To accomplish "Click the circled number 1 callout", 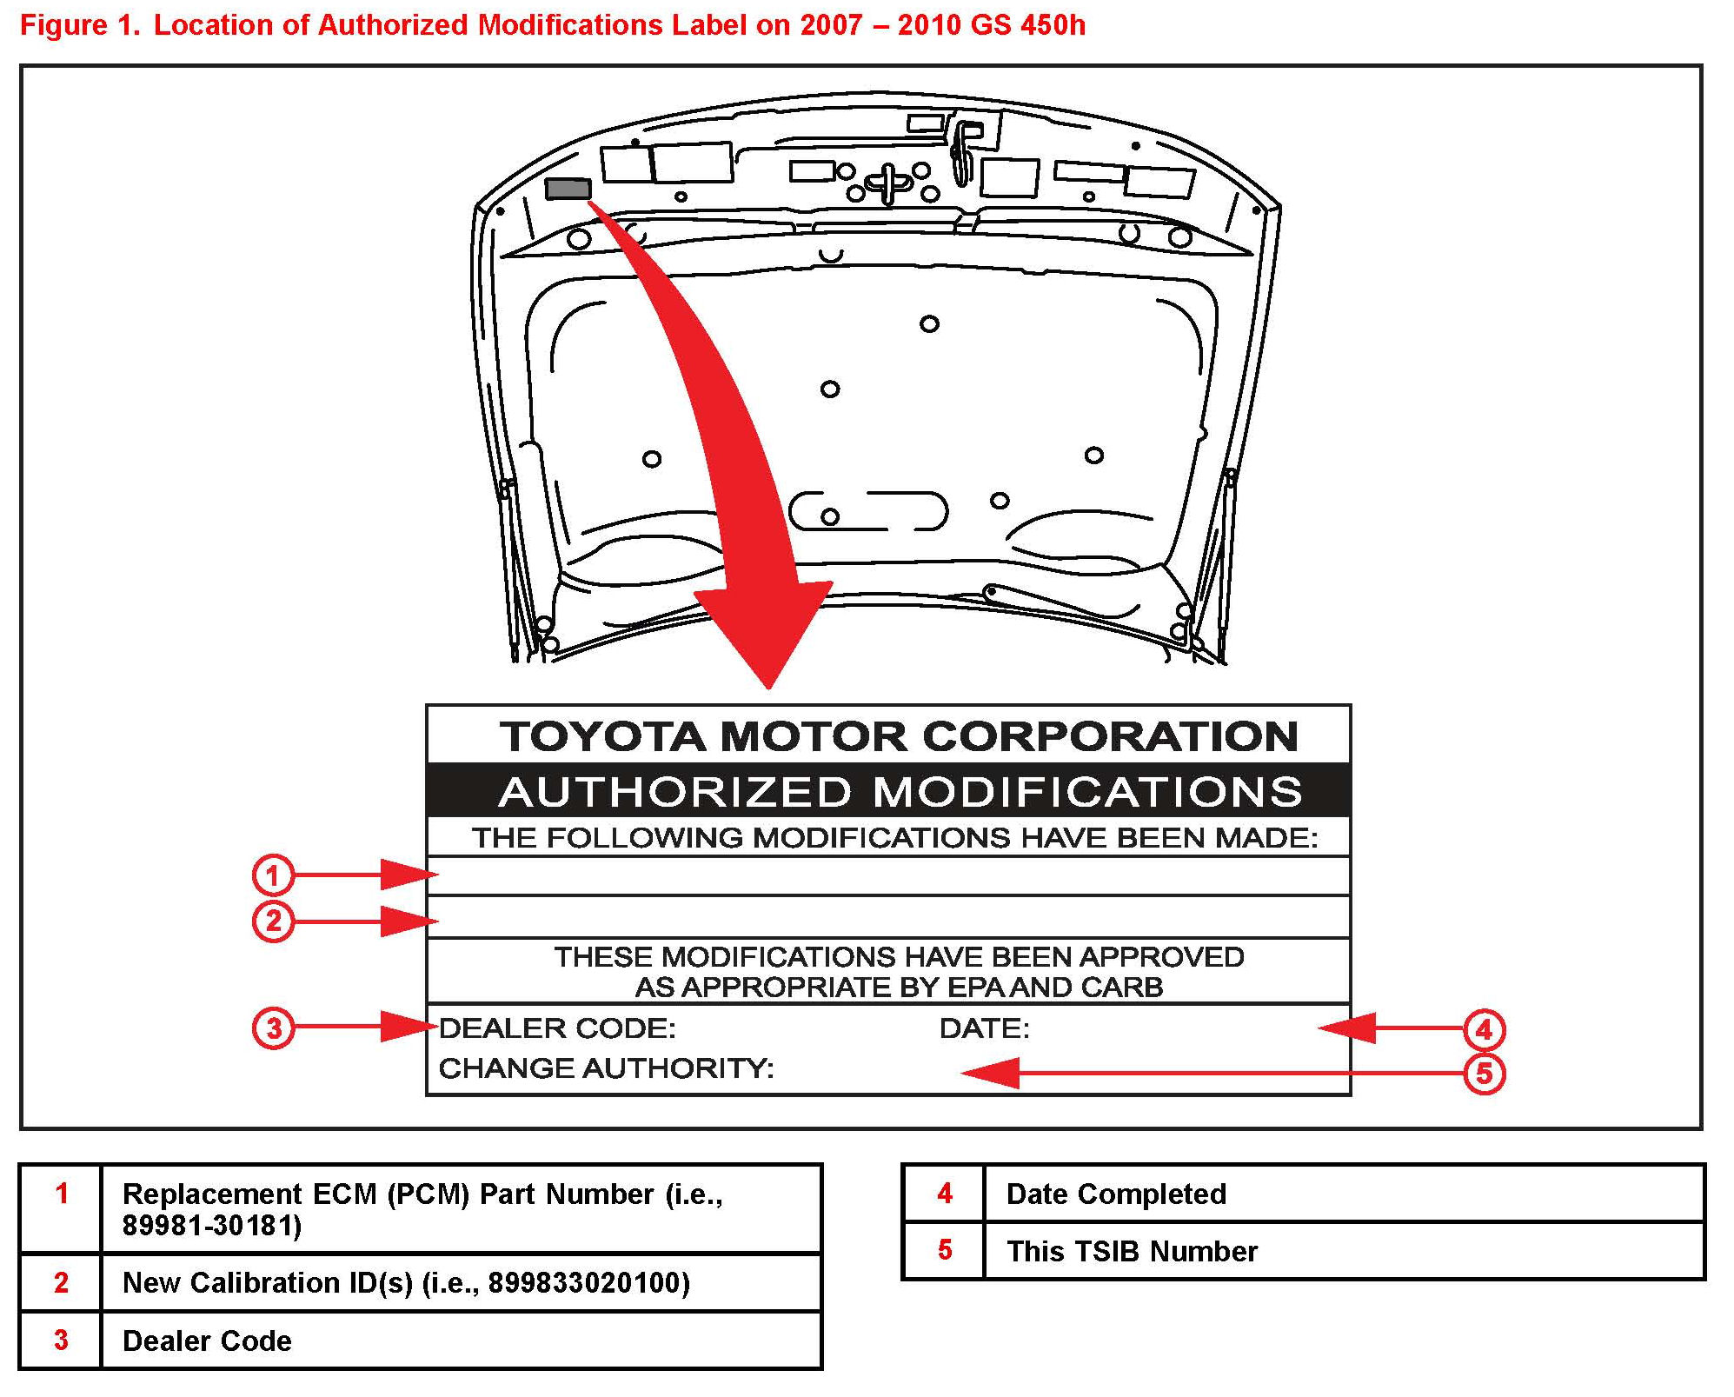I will pos(273,875).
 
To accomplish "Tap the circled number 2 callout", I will pos(273,921).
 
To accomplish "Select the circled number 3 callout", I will pos(273,1028).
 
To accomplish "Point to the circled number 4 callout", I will pos(1484,1029).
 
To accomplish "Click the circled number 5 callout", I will pos(1484,1074).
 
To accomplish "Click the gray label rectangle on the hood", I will pos(568,189).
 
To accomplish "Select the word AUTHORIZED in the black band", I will pos(674,792).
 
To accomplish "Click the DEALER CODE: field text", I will pos(557,1028).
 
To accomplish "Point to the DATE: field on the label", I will pos(984,1028).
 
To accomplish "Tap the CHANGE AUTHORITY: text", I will pos(606,1068).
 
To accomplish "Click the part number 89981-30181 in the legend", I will pos(211,1225).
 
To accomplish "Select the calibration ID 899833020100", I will pos(588,1282).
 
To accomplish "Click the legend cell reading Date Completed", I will pos(1116,1194).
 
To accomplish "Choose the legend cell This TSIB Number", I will pos(1132,1251).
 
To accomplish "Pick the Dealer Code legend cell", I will pos(207,1340).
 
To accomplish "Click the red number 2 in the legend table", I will pos(61,1282).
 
